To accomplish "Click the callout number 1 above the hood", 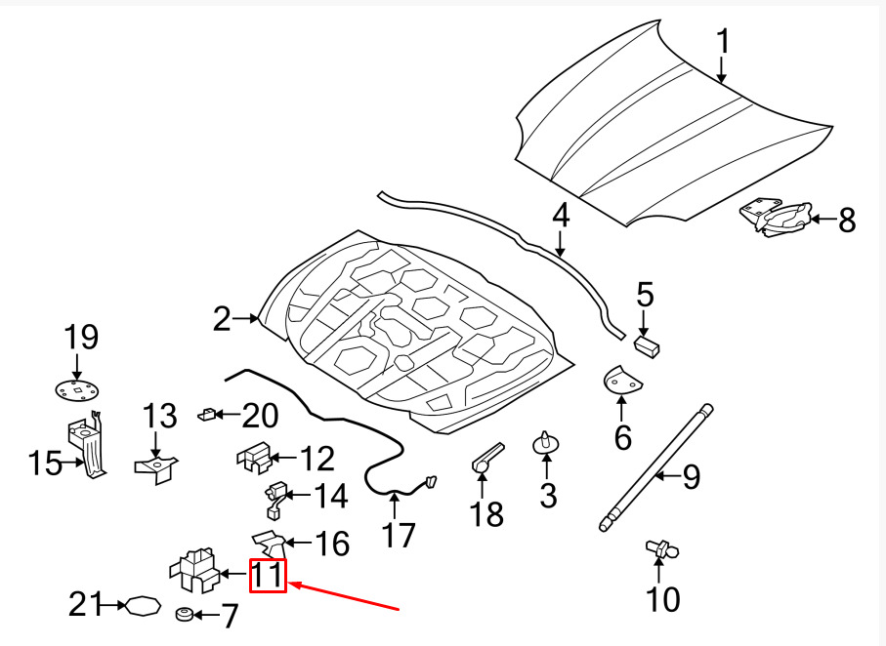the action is tap(723, 42).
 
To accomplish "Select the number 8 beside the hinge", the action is tap(847, 220).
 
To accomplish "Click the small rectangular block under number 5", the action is tap(648, 345).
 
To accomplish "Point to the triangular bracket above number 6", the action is tap(621, 380).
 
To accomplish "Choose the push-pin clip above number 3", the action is tap(546, 442).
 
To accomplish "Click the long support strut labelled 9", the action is tap(655, 467).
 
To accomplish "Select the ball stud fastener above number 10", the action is tap(661, 548).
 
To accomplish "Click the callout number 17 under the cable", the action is tap(399, 535).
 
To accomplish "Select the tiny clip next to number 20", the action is tap(206, 415).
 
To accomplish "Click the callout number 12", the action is tap(318, 458).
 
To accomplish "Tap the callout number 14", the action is tap(330, 496).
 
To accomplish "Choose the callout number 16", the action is tap(333, 544).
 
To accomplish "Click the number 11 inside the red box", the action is tap(268, 576).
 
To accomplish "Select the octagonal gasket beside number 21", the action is tap(143, 606).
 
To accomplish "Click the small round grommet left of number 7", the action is tap(183, 614).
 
